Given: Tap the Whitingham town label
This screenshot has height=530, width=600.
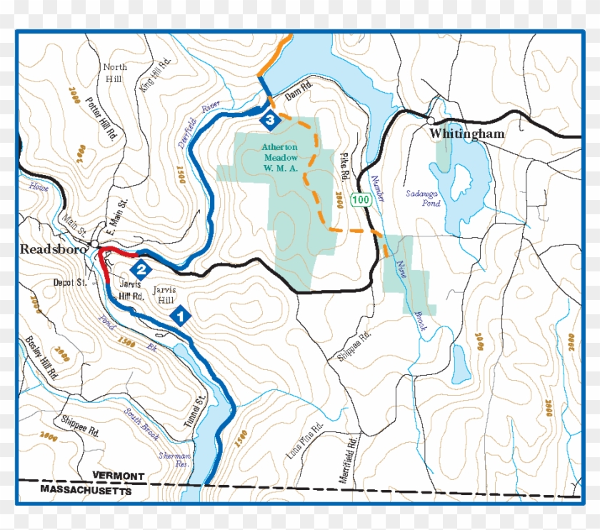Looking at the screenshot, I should click(x=466, y=134).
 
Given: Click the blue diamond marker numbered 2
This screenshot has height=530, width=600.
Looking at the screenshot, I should click(x=141, y=269).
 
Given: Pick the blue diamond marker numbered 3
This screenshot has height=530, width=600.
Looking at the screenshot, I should click(x=269, y=121).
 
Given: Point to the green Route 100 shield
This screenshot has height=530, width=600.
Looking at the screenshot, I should click(x=361, y=200).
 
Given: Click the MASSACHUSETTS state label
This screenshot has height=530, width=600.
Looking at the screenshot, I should click(x=86, y=491).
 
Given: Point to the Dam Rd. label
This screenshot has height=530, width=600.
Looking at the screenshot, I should click(x=300, y=93).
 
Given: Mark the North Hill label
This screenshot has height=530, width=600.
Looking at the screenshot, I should click(x=115, y=73).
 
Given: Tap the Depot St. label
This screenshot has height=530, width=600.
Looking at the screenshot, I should click(x=69, y=283).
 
